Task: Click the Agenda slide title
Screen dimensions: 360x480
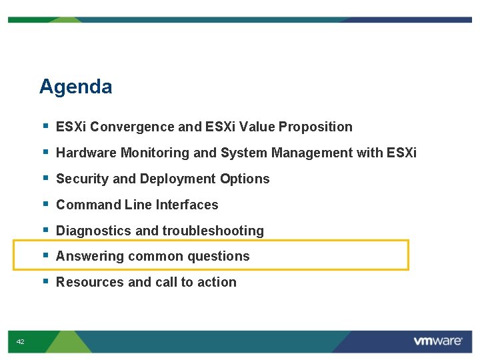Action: (x=75, y=87)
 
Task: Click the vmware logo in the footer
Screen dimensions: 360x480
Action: (x=437, y=341)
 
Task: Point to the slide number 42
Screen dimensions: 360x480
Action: (x=21, y=341)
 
